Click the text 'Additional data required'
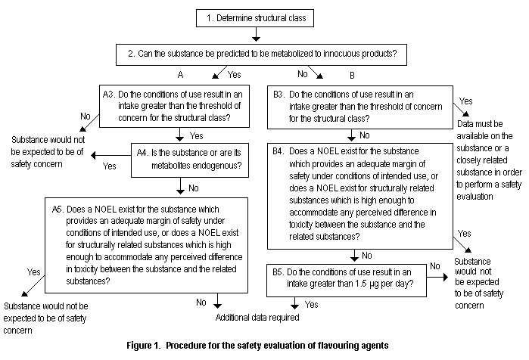pyautogui.click(x=259, y=318)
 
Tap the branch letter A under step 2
pyautogui.click(x=182, y=76)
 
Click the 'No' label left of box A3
pyautogui.click(x=85, y=117)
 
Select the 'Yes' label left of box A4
pyautogui.click(x=109, y=165)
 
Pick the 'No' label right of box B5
pyautogui.click(x=434, y=267)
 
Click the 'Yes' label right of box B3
pyautogui.click(x=467, y=101)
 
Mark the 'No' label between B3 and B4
pyautogui.click(x=365, y=136)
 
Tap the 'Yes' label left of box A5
pyautogui.click(x=34, y=272)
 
